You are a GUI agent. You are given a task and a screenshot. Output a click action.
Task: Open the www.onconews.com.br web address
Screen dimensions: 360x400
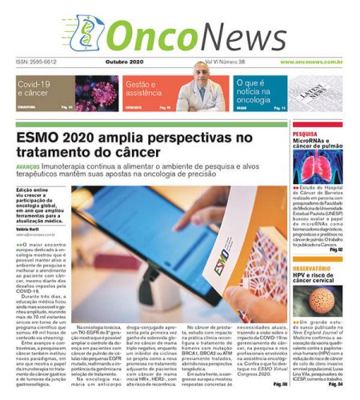[x=311, y=62]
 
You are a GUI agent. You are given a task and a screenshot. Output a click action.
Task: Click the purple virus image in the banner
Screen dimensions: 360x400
[x=95, y=92]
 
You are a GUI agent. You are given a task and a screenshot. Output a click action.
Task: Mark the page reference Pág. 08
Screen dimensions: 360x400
[x=279, y=384]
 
